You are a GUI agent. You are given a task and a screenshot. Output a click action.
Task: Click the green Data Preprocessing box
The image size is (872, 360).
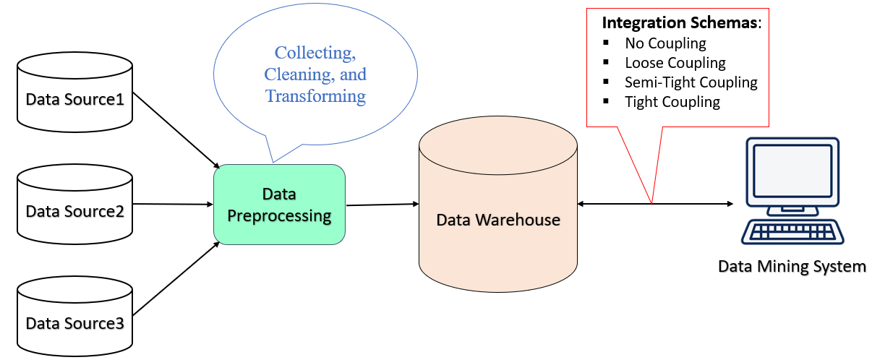pos(279,205)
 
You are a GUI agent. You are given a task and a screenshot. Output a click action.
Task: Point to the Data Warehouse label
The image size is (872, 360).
pos(498,219)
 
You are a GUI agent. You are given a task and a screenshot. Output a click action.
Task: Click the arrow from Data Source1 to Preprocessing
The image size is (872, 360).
pos(176,129)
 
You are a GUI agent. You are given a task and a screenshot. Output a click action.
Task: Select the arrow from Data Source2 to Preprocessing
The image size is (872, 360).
pos(174,204)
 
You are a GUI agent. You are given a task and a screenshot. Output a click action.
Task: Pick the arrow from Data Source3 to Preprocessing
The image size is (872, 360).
pos(176,279)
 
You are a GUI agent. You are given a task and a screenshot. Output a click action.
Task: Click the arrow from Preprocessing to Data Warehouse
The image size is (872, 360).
pos(382,205)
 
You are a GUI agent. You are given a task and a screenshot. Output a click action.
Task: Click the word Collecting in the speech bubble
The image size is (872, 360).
pos(315,53)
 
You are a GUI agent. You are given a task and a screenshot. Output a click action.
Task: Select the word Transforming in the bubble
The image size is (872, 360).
pos(315,95)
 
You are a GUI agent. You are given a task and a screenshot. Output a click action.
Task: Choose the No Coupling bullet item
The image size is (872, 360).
pos(665,43)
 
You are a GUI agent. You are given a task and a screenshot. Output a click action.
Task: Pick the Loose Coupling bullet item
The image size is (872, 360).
pos(675,63)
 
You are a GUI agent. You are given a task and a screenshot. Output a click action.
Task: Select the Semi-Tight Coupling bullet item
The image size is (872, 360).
pos(691,82)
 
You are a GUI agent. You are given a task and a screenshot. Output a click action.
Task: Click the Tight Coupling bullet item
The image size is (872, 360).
pos(672,102)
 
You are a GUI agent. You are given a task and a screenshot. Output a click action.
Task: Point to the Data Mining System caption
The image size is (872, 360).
pos(792,267)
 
